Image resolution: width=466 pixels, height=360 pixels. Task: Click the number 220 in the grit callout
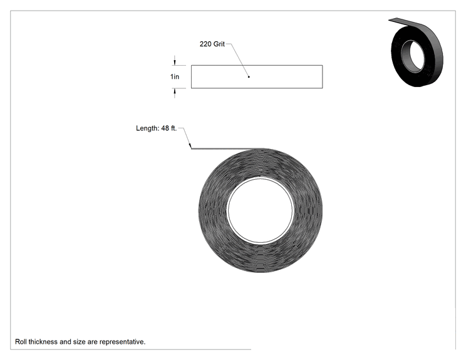point(205,44)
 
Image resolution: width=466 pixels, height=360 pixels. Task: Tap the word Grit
point(219,44)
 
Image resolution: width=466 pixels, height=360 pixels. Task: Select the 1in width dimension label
point(175,76)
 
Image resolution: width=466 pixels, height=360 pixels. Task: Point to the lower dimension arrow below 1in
point(175,93)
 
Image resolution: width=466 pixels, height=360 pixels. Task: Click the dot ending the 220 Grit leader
point(249,77)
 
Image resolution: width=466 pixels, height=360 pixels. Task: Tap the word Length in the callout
point(147,128)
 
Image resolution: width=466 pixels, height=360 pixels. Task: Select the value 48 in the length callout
point(165,128)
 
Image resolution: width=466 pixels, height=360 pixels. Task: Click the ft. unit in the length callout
point(173,128)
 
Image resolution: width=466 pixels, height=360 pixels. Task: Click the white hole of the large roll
point(261,210)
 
